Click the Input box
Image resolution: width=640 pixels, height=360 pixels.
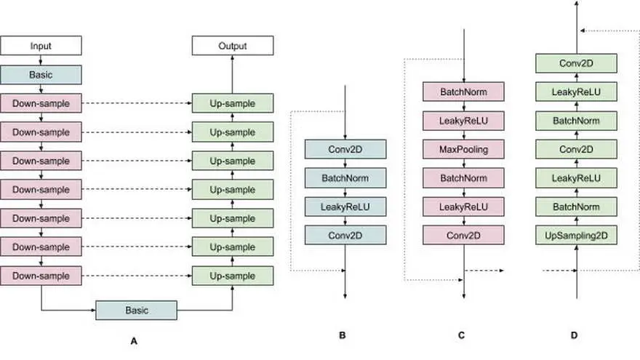click(41, 46)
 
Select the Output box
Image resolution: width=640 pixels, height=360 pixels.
click(233, 46)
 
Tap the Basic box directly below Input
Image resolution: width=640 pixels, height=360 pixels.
click(41, 75)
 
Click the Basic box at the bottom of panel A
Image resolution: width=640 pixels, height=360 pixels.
click(136, 311)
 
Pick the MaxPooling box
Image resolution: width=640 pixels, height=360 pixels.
click(464, 149)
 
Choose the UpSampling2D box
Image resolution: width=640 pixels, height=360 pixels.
click(576, 236)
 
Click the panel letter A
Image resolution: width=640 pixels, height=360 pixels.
click(134, 341)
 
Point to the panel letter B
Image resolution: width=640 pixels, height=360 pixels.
click(343, 335)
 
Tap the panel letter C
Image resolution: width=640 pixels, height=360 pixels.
click(461, 335)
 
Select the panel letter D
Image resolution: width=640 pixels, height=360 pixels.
click(575, 335)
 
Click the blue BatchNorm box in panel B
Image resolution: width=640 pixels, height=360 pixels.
click(345, 178)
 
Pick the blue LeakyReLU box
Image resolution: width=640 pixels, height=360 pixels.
click(345, 207)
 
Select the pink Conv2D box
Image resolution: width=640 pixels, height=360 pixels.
click(464, 236)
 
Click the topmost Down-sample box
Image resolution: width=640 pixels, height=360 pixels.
click(41, 103)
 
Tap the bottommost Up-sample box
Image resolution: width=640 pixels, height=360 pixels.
click(233, 276)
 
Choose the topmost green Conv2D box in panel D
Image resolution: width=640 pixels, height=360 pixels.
click(576, 63)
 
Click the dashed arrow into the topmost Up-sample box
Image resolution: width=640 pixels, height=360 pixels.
click(137, 103)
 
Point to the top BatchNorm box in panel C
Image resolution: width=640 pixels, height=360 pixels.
click(464, 92)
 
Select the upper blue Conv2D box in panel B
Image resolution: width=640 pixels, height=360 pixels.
click(345, 149)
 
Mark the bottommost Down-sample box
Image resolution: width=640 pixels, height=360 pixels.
click(41, 276)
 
